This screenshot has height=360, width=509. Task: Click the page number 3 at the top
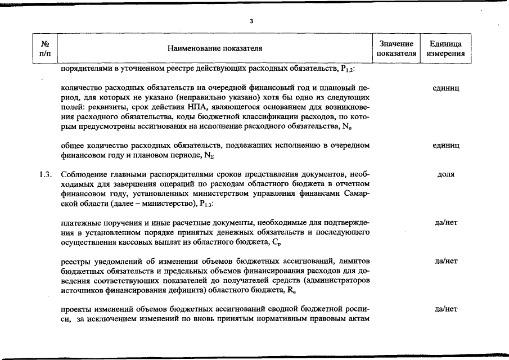coord(251,22)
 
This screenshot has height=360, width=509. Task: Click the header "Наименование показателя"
coord(215,49)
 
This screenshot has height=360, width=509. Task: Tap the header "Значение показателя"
coord(397,49)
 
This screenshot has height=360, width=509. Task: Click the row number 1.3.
coord(46,174)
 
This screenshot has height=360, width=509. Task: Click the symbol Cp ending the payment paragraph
coord(275,242)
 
